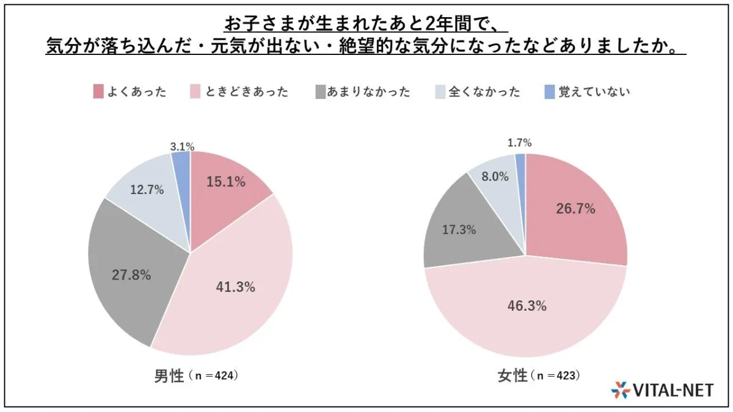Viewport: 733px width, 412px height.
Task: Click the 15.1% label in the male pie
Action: click(225, 182)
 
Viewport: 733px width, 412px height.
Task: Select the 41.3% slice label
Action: click(235, 286)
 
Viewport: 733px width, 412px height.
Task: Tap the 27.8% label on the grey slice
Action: click(131, 275)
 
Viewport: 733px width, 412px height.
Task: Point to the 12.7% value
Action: click(147, 190)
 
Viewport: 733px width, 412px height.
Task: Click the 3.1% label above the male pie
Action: click(182, 146)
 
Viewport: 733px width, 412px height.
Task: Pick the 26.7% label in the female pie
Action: click(575, 209)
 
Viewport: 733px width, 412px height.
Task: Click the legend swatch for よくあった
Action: click(98, 92)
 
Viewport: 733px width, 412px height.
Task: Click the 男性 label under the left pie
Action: click(169, 376)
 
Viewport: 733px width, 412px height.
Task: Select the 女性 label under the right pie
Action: click(512, 376)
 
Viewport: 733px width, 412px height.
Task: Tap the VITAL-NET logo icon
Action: click(620, 389)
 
